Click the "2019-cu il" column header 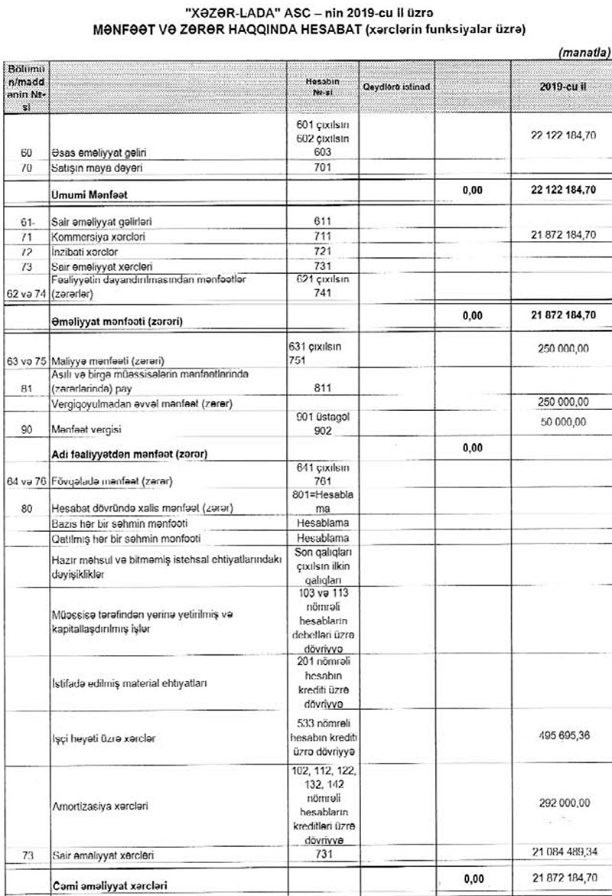tap(561, 87)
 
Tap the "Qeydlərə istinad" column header tap(396, 87)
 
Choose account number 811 tap(322, 388)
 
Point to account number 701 tap(322, 167)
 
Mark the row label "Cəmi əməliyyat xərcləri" tap(110, 885)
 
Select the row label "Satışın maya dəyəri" tap(93, 167)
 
